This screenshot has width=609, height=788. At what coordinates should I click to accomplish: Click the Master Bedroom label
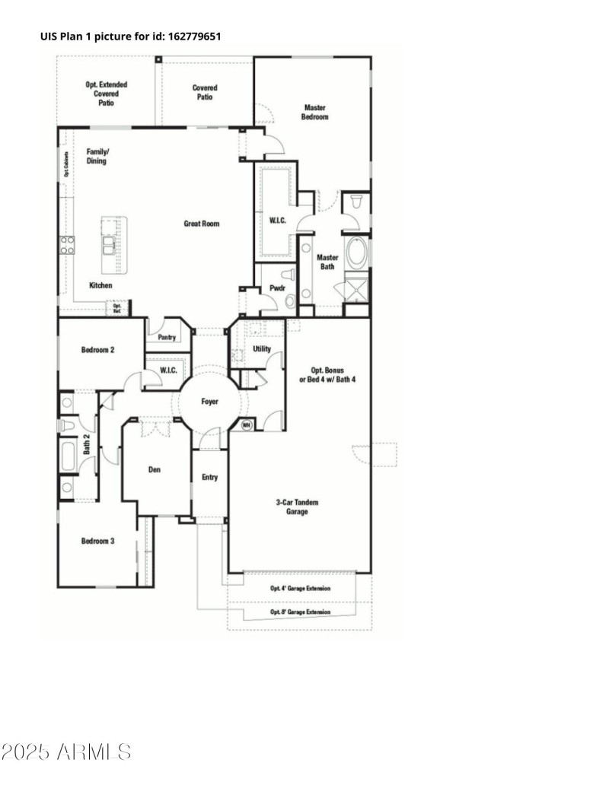[314, 113]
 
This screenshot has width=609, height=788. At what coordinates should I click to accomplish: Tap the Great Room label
[202, 224]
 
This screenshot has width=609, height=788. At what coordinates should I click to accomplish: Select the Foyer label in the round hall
[210, 401]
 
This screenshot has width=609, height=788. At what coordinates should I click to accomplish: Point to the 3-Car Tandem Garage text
[297, 507]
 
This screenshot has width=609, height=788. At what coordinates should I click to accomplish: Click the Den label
[155, 470]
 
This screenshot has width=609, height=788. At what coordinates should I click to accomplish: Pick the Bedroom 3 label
[98, 542]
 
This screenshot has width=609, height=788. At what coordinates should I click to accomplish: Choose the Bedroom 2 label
[98, 350]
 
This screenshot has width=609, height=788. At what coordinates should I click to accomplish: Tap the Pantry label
[167, 337]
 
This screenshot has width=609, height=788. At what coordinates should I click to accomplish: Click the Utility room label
[262, 349]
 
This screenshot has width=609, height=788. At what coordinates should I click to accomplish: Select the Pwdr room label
[276, 288]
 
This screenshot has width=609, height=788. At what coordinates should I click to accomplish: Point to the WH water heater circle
[247, 424]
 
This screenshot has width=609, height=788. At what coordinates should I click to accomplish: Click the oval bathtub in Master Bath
[356, 253]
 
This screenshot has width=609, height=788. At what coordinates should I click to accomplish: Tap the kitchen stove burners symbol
[68, 245]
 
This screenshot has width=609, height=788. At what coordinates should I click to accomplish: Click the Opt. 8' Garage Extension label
[301, 612]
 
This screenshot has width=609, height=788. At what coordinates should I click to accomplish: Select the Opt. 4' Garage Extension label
[301, 588]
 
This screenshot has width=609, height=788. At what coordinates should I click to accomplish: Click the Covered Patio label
[205, 92]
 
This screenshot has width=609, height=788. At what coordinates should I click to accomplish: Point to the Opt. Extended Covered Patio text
[106, 94]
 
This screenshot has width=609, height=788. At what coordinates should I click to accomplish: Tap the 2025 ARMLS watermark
[66, 753]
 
